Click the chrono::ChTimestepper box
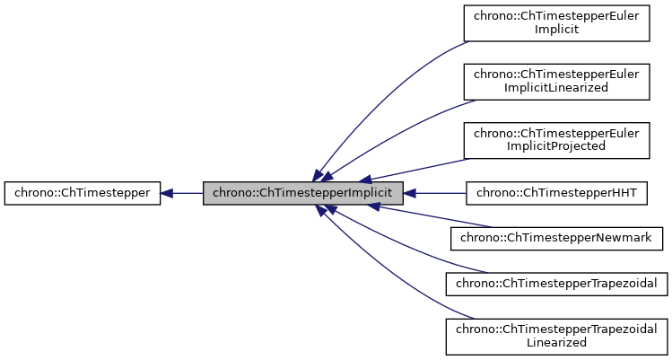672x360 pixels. [x=83, y=192]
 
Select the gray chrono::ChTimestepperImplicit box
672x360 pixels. [x=303, y=192]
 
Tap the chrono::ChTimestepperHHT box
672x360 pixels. [x=555, y=192]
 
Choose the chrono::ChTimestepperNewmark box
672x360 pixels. [x=555, y=238]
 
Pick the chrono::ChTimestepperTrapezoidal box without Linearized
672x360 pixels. [x=555, y=284]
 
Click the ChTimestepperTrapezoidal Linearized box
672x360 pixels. [x=555, y=335]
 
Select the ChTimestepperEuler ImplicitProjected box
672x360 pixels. [x=555, y=139]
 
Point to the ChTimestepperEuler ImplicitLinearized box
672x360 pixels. [x=555, y=81]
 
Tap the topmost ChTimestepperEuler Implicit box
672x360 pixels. [x=555, y=22]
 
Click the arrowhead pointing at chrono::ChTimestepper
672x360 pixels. [x=168, y=192]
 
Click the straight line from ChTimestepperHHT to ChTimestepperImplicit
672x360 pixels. [x=440, y=192]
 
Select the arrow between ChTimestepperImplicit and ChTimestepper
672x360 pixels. [x=184, y=192]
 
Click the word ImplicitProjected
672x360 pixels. [x=555, y=145]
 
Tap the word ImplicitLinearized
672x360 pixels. [x=555, y=88]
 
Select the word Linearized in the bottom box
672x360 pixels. [x=555, y=342]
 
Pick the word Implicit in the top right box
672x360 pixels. [x=555, y=30]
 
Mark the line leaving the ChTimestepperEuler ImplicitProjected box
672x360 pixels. [x=422, y=169]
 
